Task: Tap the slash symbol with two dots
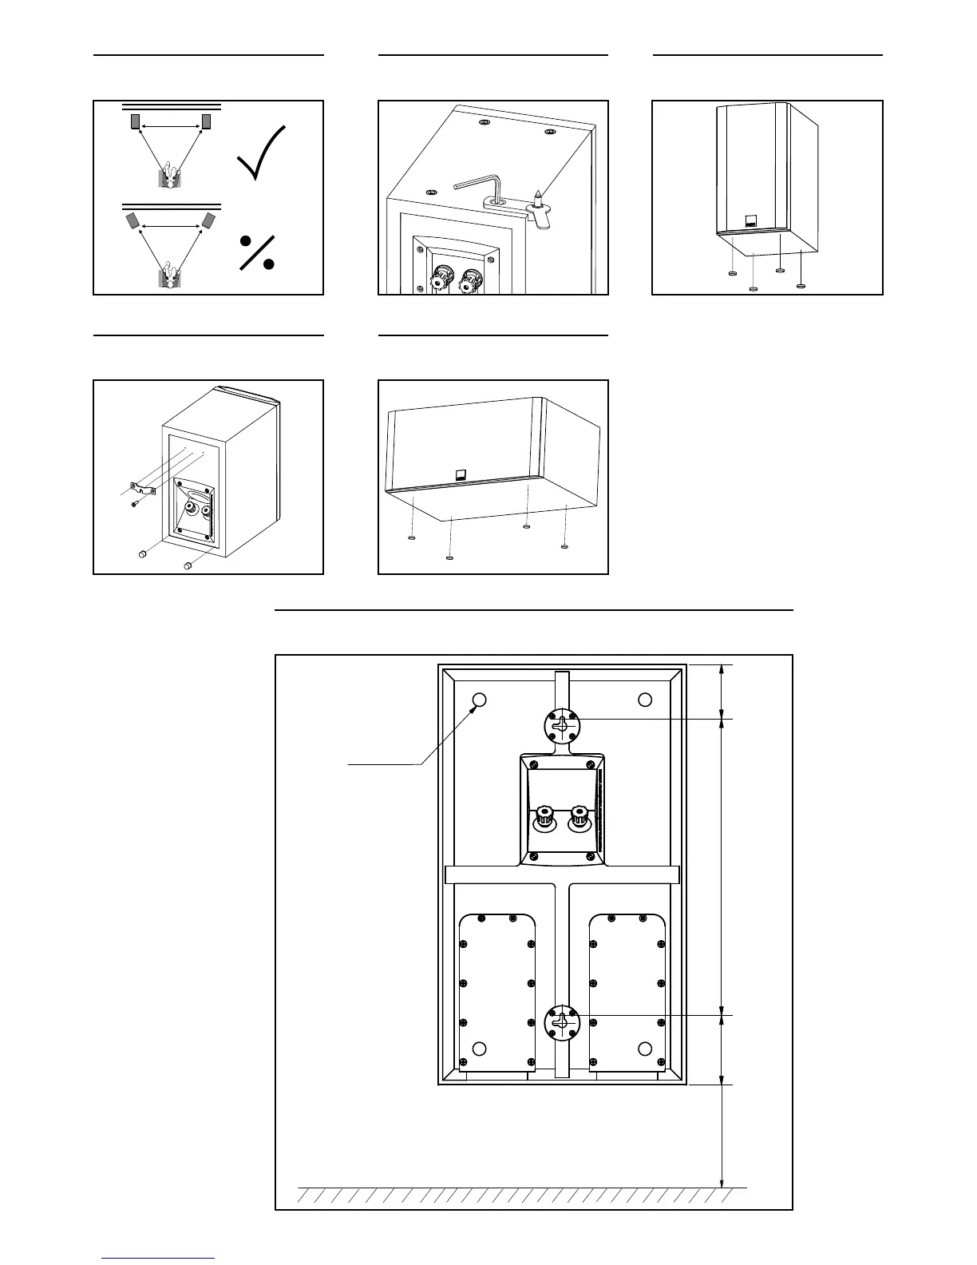click(257, 252)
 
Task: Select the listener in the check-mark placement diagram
click(168, 175)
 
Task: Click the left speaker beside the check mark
click(135, 121)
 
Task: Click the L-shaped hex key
click(480, 188)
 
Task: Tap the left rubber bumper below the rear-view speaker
click(143, 554)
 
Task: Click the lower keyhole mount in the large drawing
click(563, 1021)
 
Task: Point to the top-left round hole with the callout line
click(479, 700)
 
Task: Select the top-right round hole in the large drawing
click(645, 700)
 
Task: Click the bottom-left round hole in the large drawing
click(479, 1048)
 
